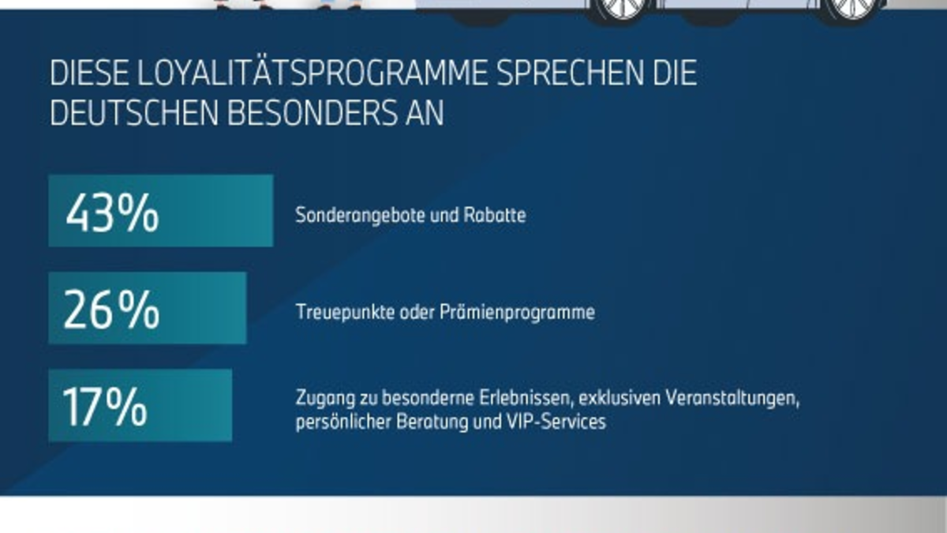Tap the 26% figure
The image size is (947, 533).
[x=111, y=310]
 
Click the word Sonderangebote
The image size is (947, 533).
[x=352, y=215]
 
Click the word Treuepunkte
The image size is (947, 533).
[x=335, y=313]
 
